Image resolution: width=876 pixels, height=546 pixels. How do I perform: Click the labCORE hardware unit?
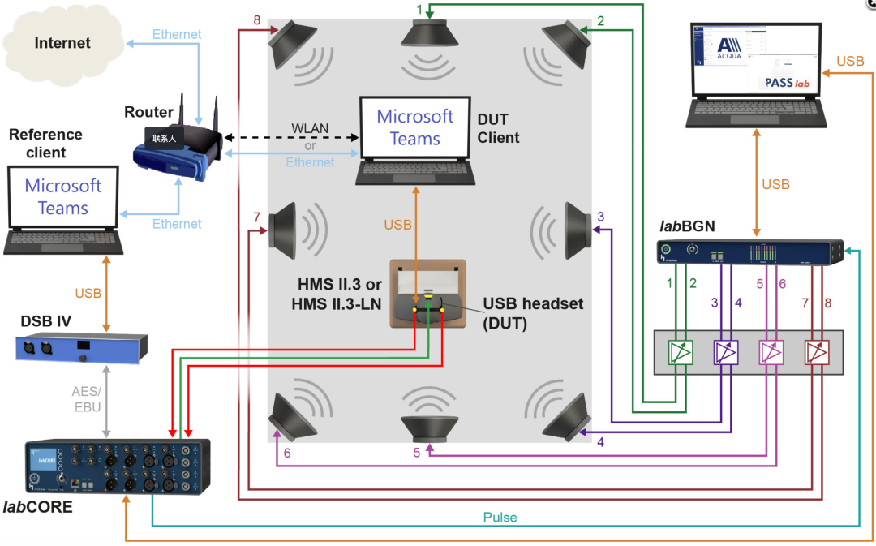coord(117,467)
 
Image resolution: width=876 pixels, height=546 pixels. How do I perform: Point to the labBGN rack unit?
coord(751,253)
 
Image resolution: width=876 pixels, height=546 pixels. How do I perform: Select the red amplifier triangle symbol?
coord(816,352)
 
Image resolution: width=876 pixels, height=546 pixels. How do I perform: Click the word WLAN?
coord(310,130)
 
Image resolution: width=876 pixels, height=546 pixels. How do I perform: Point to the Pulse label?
coord(500,517)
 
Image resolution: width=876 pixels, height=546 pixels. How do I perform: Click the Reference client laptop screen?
coord(62,197)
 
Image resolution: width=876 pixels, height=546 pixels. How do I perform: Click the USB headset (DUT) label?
coord(533,312)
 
